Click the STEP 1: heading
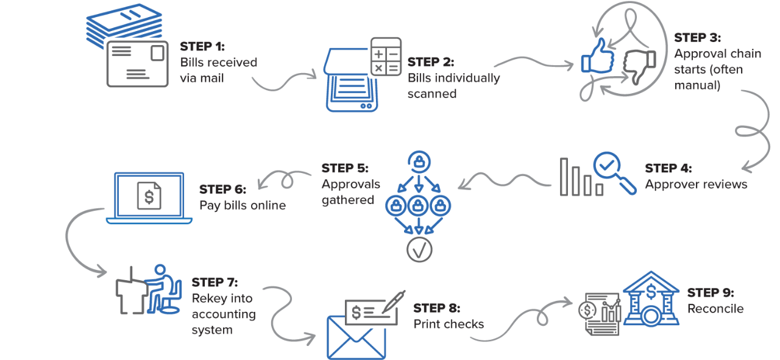pyautogui.click(x=202, y=46)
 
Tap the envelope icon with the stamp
pyautogui.click(x=137, y=65)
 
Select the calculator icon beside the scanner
pyautogui.click(x=386, y=57)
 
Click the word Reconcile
pyautogui.click(x=715, y=309)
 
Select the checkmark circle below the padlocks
pyautogui.click(x=419, y=249)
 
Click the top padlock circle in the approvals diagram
pyautogui.click(x=419, y=162)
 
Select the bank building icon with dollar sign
pyautogui.click(x=651, y=299)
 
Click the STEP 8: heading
pyautogui.click(x=437, y=308)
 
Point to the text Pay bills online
pyautogui.click(x=243, y=205)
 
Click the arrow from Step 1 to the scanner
pyautogui.click(x=283, y=82)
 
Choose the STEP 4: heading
pyautogui.click(x=668, y=168)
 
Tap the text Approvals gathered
pyautogui.click(x=351, y=192)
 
